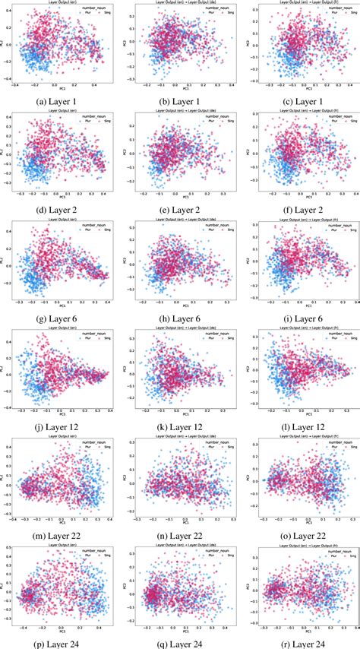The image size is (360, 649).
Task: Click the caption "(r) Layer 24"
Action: pyautogui.click(x=299, y=641)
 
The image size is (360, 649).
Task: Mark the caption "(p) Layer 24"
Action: pyautogui.click(x=62, y=641)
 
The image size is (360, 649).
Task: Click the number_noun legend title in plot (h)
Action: pyautogui.click(x=212, y=226)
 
